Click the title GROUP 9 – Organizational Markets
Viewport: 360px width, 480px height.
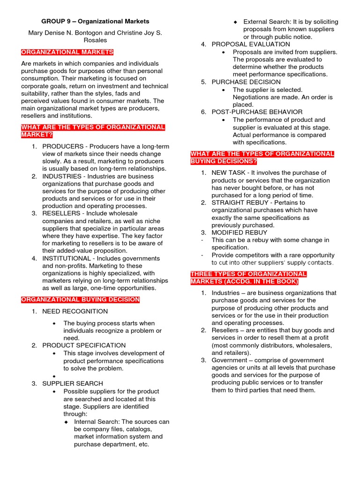point(95,21)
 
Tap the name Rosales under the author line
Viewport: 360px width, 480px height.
point(95,40)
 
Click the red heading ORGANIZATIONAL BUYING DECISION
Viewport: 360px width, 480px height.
point(80,300)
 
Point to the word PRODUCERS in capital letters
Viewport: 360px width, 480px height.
point(63,146)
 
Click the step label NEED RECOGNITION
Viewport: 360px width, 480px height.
point(75,311)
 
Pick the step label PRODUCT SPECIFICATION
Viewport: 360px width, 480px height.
point(84,345)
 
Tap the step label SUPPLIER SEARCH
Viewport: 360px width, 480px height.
point(73,383)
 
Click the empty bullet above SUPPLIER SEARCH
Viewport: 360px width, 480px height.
point(55,376)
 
